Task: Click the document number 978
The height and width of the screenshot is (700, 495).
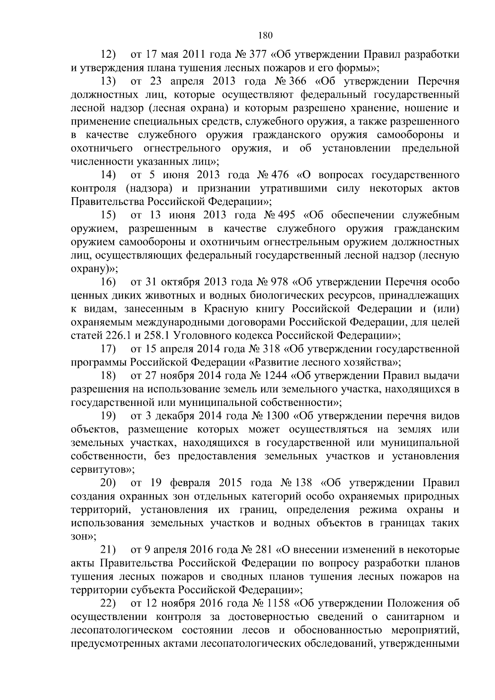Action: [x=278, y=283]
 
